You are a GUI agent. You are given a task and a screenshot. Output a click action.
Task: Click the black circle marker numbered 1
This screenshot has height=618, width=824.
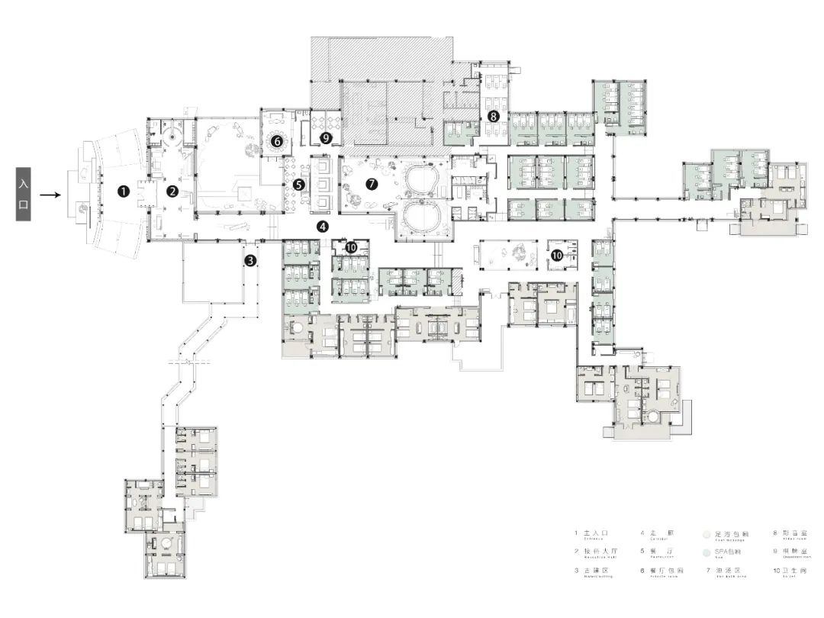click(123, 192)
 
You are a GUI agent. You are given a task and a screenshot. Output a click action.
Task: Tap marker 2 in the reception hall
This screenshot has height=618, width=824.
click(173, 192)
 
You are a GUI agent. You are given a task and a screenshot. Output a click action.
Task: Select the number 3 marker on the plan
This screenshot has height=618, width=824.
click(250, 261)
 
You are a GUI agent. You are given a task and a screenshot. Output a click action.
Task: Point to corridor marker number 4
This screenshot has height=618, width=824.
click(323, 227)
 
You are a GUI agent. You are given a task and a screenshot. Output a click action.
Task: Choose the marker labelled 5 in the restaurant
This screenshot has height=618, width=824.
click(299, 184)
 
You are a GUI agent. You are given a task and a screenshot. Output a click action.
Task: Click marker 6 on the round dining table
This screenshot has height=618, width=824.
click(277, 140)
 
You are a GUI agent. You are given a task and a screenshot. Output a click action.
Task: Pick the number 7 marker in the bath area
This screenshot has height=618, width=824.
click(372, 184)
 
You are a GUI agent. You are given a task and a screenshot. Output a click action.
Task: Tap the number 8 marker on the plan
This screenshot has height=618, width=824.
click(494, 117)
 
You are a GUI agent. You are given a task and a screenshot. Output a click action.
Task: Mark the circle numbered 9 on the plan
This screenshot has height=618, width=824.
click(327, 138)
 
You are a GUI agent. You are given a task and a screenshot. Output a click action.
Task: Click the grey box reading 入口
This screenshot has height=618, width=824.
click(24, 195)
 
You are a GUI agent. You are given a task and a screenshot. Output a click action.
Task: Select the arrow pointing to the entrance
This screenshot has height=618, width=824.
click(50, 195)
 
